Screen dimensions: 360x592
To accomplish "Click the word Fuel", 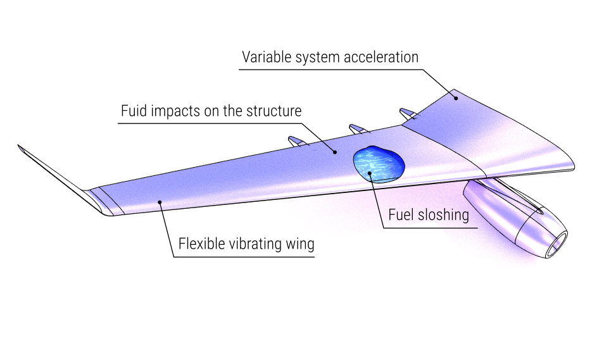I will click(401, 215).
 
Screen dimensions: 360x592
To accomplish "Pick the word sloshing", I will click(444, 215).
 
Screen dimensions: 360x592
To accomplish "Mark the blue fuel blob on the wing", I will click(378, 163).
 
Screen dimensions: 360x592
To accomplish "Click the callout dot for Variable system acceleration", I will click(455, 96).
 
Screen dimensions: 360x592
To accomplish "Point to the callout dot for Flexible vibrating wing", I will click(160, 202).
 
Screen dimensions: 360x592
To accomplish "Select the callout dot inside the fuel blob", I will click(369, 171).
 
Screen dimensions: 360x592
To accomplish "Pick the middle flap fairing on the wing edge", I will click(359, 129).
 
